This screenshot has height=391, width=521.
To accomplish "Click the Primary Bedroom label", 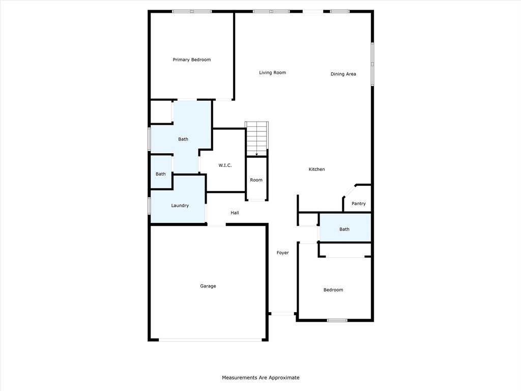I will click(x=191, y=60).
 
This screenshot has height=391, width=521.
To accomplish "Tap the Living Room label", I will click(x=272, y=73).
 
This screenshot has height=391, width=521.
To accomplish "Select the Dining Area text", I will click(x=343, y=74).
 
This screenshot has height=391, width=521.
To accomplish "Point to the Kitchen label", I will click(x=316, y=170).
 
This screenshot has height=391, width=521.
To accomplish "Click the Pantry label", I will click(x=358, y=204).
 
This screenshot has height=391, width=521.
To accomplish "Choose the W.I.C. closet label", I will click(x=225, y=165).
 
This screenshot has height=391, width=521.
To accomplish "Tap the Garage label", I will click(x=208, y=286).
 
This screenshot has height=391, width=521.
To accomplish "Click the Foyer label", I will click(x=282, y=253).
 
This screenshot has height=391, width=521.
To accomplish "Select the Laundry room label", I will click(x=180, y=206).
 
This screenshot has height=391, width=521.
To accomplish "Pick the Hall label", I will click(x=235, y=213).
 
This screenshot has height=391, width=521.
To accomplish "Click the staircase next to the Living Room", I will click(x=256, y=137).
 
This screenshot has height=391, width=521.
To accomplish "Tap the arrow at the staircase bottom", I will click(x=256, y=153).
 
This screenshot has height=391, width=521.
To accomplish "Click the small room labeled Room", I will click(x=256, y=180).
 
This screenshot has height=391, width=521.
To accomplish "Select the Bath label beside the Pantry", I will click(x=344, y=229).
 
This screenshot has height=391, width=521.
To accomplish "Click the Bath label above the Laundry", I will click(x=160, y=174).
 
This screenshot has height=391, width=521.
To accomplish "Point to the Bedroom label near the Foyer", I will click(x=333, y=290).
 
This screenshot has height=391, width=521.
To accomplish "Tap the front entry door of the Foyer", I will click(x=282, y=314).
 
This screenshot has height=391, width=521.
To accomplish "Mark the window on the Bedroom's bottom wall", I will click(x=337, y=320).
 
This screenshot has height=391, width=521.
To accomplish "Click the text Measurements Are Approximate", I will click(x=260, y=378).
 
